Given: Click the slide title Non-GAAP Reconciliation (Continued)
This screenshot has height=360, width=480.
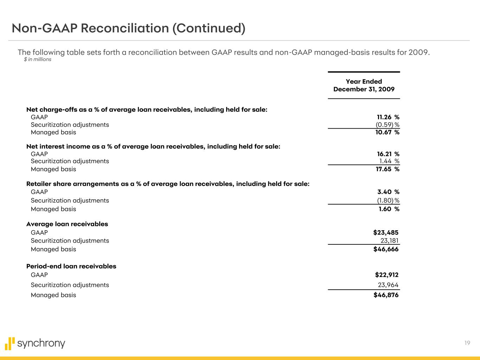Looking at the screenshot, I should tap(128, 28).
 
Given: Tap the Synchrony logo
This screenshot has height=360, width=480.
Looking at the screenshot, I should tap(35, 343).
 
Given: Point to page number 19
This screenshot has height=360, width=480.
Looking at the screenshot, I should tap(467, 343).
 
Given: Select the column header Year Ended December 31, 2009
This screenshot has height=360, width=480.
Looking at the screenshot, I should tap(364, 85).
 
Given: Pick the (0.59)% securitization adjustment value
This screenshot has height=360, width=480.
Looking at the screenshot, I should tap(387, 125).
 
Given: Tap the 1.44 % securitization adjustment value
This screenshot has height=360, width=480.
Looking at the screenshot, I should tap(389, 161).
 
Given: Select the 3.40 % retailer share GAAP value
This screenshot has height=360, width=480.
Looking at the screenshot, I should tap(388, 192).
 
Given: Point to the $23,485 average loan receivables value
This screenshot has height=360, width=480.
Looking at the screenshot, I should tap(386, 232).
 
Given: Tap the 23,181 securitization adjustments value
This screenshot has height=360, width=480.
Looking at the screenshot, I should tap(389, 240).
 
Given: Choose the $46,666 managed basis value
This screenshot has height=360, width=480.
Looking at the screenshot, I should tap(386, 249).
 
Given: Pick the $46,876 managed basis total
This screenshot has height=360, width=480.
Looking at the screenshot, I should tap(386, 295).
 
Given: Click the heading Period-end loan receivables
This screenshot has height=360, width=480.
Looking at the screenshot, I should tap(71, 266).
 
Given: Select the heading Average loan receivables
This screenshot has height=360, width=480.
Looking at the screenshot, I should tap(67, 224).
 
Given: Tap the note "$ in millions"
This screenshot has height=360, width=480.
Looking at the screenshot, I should tap(38, 59).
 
